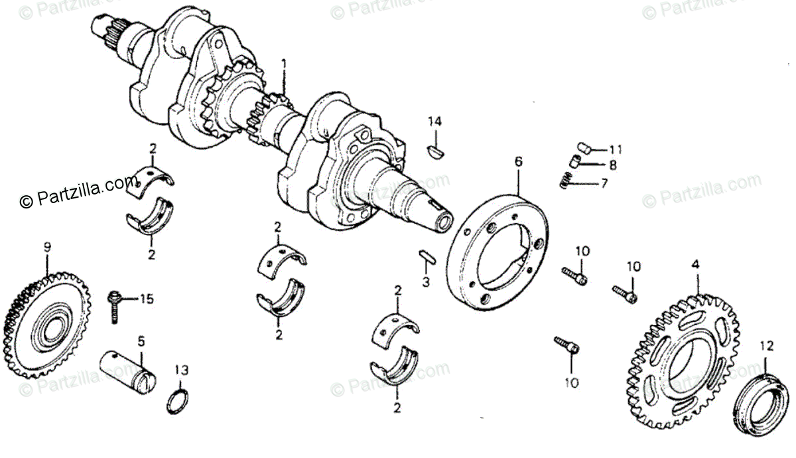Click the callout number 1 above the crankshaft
[x=283, y=64]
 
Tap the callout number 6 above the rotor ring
[x=518, y=161]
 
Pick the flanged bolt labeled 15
[x=114, y=306]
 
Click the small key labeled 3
[x=426, y=256]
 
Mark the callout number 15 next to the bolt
[x=146, y=299]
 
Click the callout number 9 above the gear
[x=47, y=248]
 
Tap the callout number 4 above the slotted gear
[x=695, y=265]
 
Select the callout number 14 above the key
[x=434, y=121]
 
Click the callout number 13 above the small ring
[x=181, y=369]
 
